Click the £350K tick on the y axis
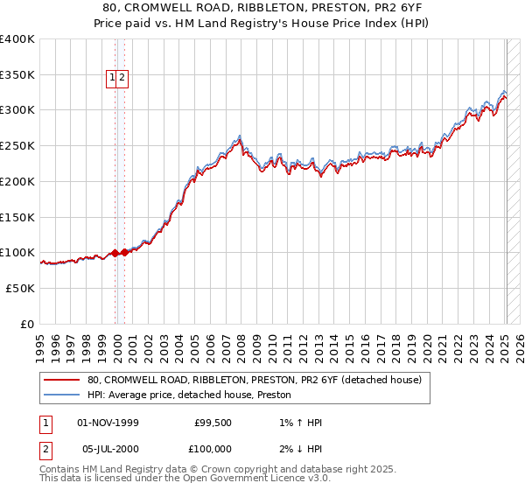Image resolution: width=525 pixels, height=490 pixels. coord(18,75)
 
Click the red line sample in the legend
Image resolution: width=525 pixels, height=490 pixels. coord(62,380)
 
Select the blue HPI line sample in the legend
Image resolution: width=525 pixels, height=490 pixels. coord(62,395)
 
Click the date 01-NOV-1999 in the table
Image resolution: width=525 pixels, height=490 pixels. coord(108,423)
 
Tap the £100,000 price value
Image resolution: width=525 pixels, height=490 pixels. coord(213,449)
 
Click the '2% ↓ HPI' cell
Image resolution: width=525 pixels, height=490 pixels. coord(299,449)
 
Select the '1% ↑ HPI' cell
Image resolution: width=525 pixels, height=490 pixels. coord(299,423)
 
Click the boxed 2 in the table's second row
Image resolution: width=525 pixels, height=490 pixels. coord(45,449)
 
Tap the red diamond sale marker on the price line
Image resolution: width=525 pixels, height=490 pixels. coord(115,253)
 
